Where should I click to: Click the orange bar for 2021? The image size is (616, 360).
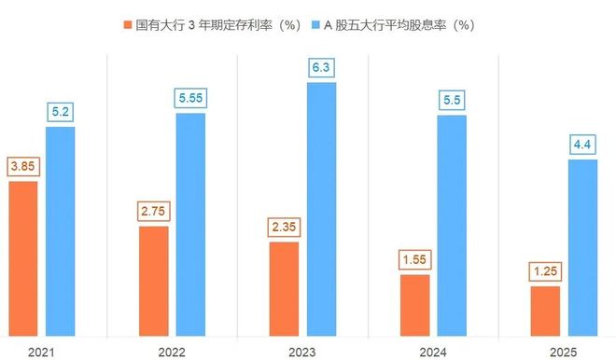click(23, 257)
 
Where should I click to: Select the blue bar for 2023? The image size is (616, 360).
click(322, 207)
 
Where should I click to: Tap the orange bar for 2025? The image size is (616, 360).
click(545, 310)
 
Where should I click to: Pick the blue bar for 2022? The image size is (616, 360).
click(190, 223)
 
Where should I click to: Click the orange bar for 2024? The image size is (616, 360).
click(415, 304)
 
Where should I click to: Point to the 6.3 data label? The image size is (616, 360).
click(322, 67)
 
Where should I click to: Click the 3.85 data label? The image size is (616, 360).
click(22, 166)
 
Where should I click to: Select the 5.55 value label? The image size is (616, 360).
click(190, 97)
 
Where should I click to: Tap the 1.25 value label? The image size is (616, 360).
click(545, 270)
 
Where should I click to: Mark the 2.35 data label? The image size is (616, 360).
click(284, 227)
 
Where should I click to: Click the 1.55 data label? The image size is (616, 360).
click(415, 258)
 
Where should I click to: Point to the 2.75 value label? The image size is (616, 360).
click(154, 211)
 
